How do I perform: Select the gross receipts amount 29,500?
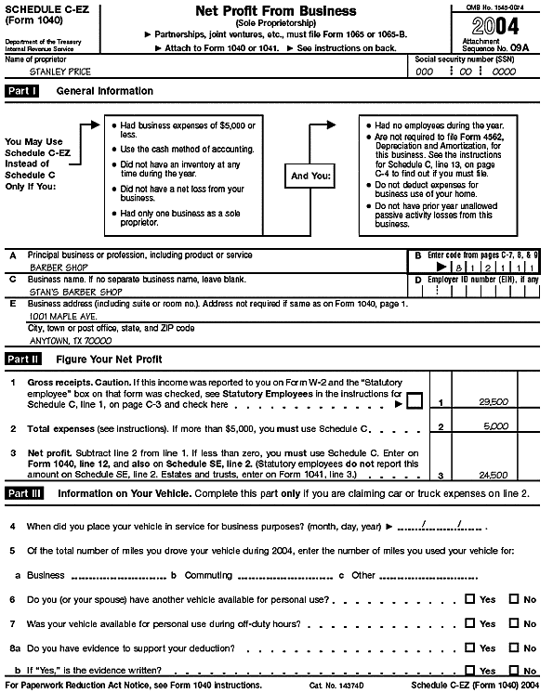click(x=492, y=402)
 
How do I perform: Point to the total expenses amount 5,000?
click(x=495, y=428)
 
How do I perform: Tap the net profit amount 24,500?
click(x=492, y=474)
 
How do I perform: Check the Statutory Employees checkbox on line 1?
click(x=415, y=400)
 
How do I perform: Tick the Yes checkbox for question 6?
click(x=469, y=599)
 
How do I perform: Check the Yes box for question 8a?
click(x=469, y=647)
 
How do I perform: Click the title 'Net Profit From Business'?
click(x=263, y=11)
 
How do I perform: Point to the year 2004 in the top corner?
click(x=496, y=26)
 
